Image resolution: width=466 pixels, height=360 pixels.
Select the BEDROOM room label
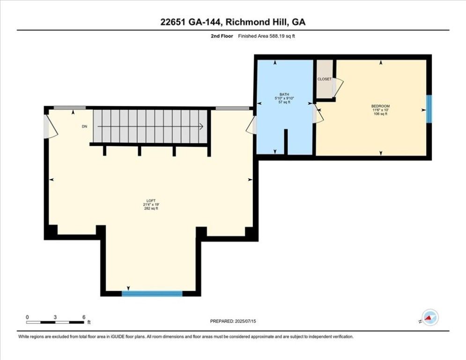(380, 106)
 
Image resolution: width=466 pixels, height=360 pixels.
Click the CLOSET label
(324, 79)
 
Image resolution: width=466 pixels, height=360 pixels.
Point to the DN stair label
(84, 126)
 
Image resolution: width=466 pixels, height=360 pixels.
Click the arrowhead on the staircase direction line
(200, 126)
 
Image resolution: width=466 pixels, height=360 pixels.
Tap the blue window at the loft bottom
(152, 293)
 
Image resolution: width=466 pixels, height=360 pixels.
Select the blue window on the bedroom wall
(429, 109)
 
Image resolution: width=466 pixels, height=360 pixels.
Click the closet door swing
(338, 84)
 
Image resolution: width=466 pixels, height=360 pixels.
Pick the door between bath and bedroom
(317, 114)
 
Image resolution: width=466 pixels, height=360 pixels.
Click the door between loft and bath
(252, 125)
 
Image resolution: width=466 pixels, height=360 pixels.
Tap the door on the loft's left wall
(49, 127)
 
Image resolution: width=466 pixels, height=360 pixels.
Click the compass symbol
(430, 318)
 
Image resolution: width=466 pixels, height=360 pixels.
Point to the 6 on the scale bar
(83, 317)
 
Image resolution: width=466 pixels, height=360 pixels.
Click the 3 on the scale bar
(55, 317)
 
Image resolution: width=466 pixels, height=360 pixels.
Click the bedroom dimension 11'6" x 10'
(380, 110)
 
